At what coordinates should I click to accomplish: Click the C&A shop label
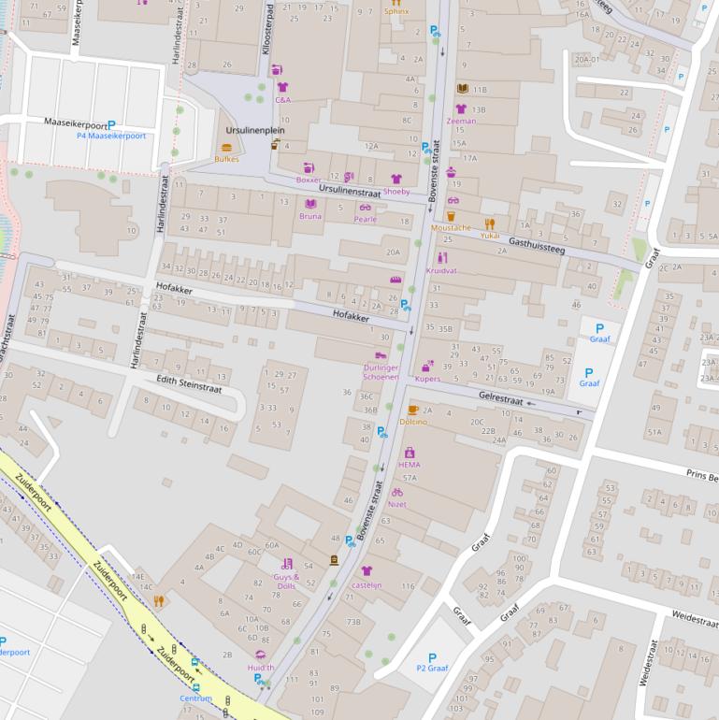(x=282, y=99)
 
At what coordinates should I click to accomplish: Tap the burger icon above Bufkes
(x=226, y=148)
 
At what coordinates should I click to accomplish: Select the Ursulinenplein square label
(x=254, y=131)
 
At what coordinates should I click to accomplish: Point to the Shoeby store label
(x=396, y=192)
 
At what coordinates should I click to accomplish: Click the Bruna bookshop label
(x=310, y=216)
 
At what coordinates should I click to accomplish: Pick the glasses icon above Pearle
(x=365, y=208)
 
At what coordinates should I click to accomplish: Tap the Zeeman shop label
(x=461, y=121)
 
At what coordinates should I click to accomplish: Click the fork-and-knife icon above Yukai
(x=489, y=224)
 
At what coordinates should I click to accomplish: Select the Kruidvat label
(x=441, y=270)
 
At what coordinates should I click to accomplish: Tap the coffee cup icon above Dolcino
(x=413, y=410)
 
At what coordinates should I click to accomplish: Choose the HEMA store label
(x=410, y=464)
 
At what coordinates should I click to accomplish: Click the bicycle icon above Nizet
(x=397, y=492)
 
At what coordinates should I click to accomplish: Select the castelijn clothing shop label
(x=367, y=584)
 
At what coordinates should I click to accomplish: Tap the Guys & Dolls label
(x=286, y=581)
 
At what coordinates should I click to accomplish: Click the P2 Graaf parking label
(x=432, y=669)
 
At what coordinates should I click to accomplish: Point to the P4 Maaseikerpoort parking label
(x=111, y=136)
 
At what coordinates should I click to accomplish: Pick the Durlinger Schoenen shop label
(x=381, y=372)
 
